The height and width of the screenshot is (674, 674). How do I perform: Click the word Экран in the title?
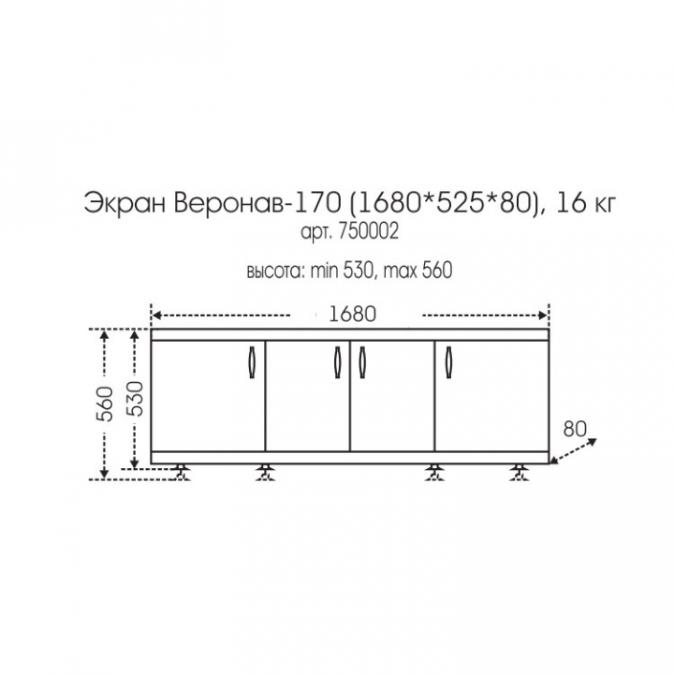click(x=125, y=203)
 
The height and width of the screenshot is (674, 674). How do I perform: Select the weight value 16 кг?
click(x=586, y=203)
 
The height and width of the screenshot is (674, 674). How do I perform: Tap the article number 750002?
click(x=369, y=232)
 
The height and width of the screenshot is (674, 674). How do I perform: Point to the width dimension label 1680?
click(x=353, y=315)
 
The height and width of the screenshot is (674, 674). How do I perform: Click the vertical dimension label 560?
click(x=105, y=404)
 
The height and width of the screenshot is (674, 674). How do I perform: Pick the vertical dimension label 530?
click(x=135, y=399)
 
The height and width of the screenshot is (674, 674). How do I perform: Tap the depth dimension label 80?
click(x=575, y=429)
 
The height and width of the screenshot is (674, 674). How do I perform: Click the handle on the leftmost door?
click(x=253, y=362)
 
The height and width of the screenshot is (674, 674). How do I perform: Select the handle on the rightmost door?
click(x=448, y=362)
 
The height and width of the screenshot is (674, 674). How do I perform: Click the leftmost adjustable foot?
click(x=183, y=472)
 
